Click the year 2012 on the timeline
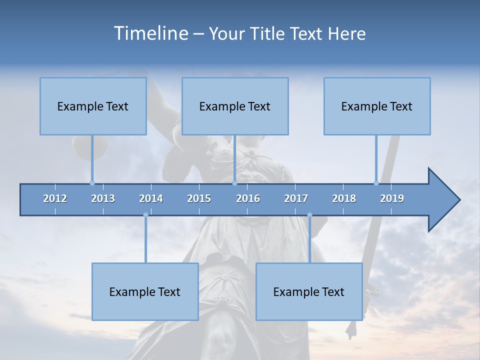pos(55,198)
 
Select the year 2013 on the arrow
pos(103,198)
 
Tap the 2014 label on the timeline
pos(151,198)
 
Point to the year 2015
pos(199,198)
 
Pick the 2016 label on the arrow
pos(248,198)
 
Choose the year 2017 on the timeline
pos(296,198)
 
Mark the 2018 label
pos(344,198)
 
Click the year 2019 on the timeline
pos(392,198)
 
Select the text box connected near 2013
pos(93,106)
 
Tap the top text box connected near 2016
pos(235,106)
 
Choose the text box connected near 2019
pos(377,106)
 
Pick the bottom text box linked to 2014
pos(145,291)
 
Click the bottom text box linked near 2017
pos(309,291)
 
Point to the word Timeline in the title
pos(150,33)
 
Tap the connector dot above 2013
pos(92,183)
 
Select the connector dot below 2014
pos(145,215)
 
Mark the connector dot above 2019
pos(376,183)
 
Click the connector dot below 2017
pos(309,215)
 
